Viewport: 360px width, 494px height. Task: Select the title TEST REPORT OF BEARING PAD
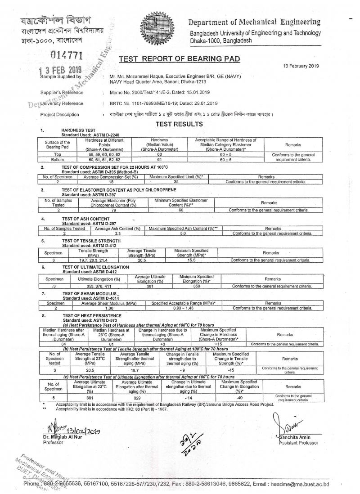point(179,58)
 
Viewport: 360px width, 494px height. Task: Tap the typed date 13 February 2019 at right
point(301,66)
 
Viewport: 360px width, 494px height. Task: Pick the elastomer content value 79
point(113,210)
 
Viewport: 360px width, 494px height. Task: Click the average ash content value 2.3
point(117,234)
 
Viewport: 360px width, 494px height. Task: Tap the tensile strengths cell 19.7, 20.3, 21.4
point(94,260)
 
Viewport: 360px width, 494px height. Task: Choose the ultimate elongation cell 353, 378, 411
point(98,286)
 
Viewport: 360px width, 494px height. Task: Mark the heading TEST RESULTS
point(179,124)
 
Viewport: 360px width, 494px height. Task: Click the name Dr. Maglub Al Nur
point(62,437)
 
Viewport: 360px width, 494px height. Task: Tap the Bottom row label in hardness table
point(57,159)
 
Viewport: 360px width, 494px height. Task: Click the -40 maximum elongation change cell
point(239,398)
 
